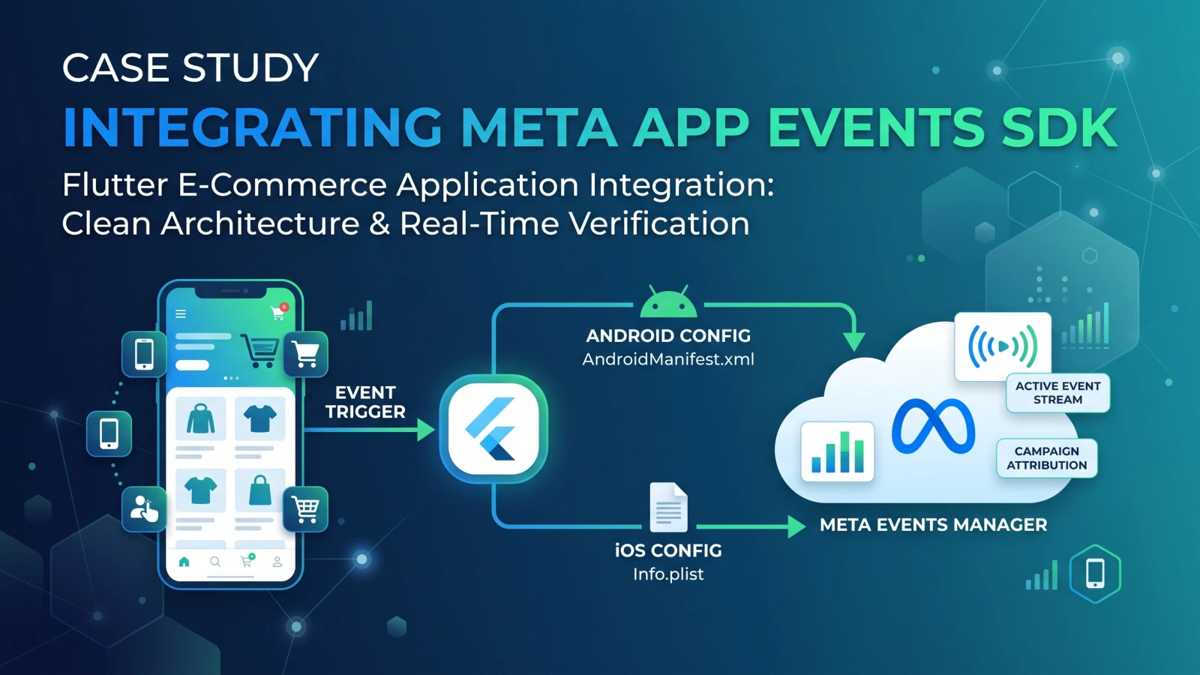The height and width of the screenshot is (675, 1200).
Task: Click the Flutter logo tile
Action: pyautogui.click(x=493, y=428)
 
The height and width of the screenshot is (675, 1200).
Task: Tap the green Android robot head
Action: pyautogui.click(x=668, y=301)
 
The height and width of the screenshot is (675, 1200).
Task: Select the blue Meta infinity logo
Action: pyautogui.click(x=933, y=425)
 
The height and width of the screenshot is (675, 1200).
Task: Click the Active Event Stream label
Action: pyautogui.click(x=1058, y=393)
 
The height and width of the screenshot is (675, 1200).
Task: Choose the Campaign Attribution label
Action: pyautogui.click(x=1047, y=458)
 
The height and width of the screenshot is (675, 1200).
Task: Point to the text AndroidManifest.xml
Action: pyautogui.click(x=668, y=359)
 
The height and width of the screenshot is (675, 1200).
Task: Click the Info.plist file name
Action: pyautogui.click(x=668, y=574)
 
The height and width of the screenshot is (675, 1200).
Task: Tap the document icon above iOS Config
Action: pyautogui.click(x=668, y=507)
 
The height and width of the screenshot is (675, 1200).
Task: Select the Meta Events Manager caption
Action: pyautogui.click(x=933, y=524)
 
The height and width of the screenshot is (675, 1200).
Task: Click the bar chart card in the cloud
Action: pyautogui.click(x=837, y=451)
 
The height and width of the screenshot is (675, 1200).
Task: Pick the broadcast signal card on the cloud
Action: pyautogui.click(x=1002, y=346)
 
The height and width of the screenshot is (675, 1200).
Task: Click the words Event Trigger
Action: pyautogui.click(x=365, y=402)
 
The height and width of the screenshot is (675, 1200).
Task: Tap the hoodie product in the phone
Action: pyautogui.click(x=200, y=418)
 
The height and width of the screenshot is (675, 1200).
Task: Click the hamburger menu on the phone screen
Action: pyautogui.click(x=181, y=313)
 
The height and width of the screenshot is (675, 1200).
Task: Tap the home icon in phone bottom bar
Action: pyautogui.click(x=184, y=562)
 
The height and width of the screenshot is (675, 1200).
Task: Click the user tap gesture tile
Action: pyautogui.click(x=144, y=509)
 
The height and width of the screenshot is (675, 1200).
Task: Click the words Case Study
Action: pyautogui.click(x=190, y=67)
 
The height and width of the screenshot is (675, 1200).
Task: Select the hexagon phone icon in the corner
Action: pyautogui.click(x=1095, y=574)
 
